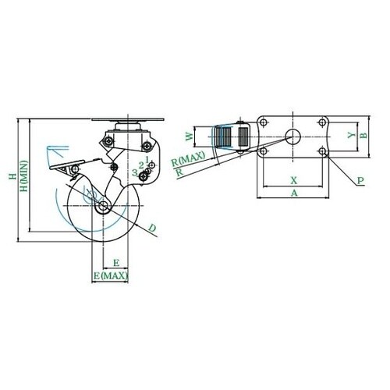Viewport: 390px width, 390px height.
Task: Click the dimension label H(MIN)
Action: [x=24, y=176]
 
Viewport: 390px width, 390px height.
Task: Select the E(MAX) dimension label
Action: [x=111, y=275]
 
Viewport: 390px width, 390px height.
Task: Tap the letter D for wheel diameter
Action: [x=152, y=229]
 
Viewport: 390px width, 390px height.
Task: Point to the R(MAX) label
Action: [x=188, y=159]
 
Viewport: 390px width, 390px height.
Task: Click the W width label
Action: [x=190, y=136]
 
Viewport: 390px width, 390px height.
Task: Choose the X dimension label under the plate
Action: [x=293, y=180]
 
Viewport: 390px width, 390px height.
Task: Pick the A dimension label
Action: [x=294, y=193]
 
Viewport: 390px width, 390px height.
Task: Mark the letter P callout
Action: [x=360, y=180]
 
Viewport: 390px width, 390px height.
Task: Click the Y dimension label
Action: [x=352, y=135]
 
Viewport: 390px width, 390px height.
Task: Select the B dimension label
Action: [x=364, y=135]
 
